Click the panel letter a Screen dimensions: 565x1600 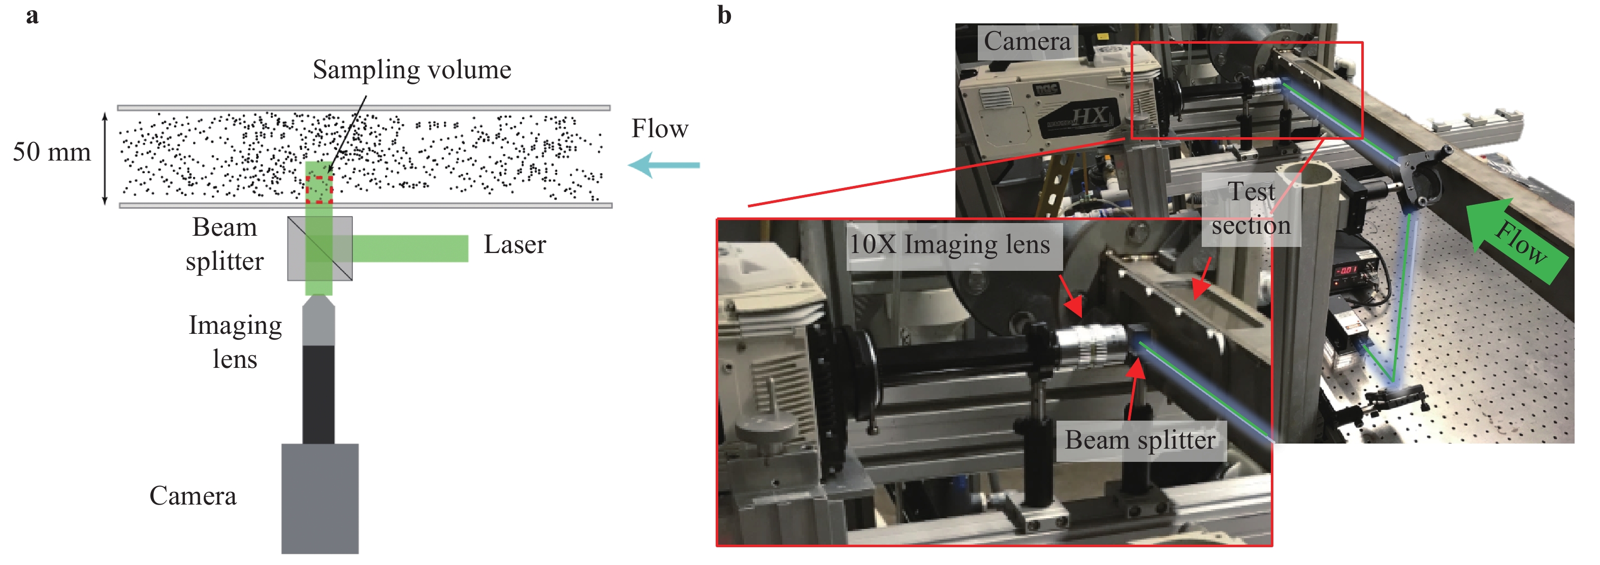click(x=33, y=16)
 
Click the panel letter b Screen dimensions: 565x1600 click(x=724, y=16)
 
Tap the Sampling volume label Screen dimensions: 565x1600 click(x=411, y=70)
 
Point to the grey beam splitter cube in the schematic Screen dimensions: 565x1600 click(x=320, y=248)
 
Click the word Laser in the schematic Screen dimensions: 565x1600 click(x=514, y=245)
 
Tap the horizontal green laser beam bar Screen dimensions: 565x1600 click(x=410, y=248)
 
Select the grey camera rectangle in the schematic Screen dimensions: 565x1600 click(x=320, y=498)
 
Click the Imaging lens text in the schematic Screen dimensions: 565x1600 click(x=235, y=342)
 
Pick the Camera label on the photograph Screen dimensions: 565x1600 click(x=1027, y=42)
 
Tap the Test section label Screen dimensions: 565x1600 click(x=1251, y=209)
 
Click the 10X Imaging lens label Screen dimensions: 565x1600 click(x=949, y=244)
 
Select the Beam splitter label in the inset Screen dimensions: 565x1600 click(x=1140, y=440)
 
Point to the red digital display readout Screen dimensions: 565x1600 click(x=1346, y=270)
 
